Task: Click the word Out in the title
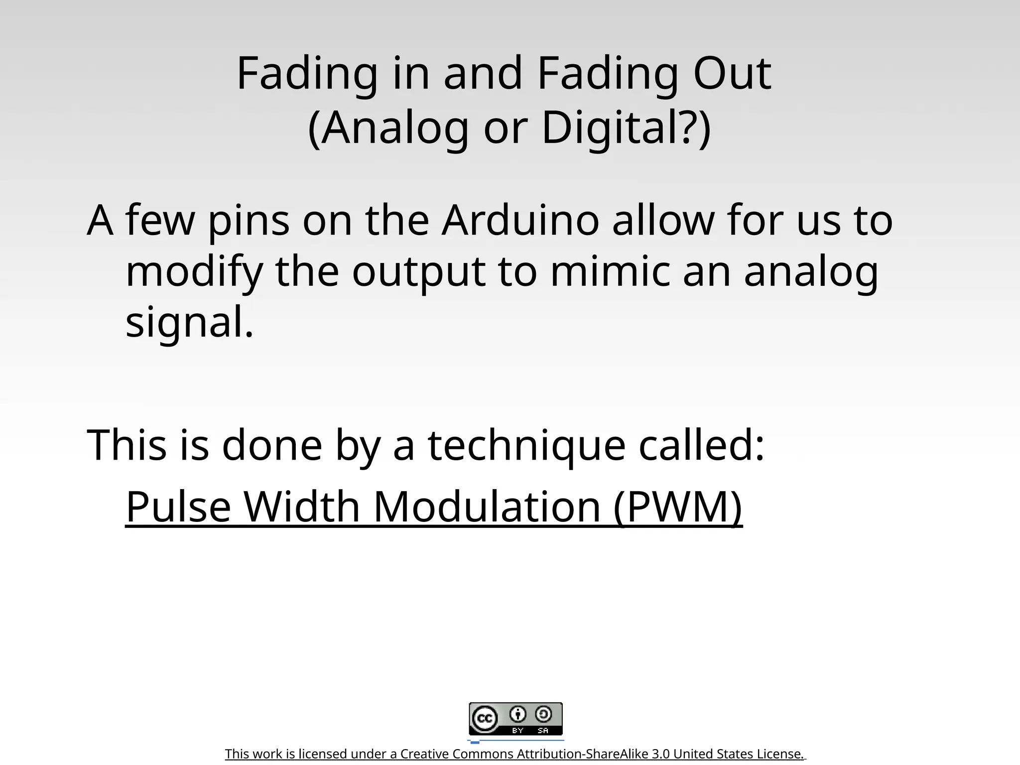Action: pyautogui.click(x=732, y=74)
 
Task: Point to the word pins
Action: pyautogui.click(x=248, y=221)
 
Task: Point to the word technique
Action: pyautogui.click(x=526, y=445)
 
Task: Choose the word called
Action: pyautogui.click(x=701, y=444)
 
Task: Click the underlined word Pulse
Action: pyautogui.click(x=178, y=507)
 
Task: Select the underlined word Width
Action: pyautogui.click(x=302, y=507)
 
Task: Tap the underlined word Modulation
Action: pyautogui.click(x=487, y=507)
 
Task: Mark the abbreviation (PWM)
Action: pyautogui.click(x=678, y=507)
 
